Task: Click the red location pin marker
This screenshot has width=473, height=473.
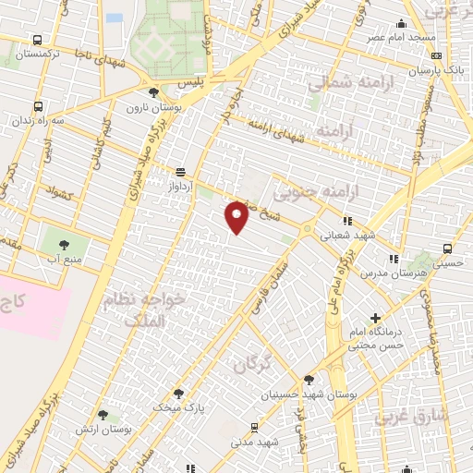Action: click(237, 216)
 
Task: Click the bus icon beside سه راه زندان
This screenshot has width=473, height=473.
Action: click(37, 106)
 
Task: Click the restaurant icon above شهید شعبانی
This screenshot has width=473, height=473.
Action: click(347, 221)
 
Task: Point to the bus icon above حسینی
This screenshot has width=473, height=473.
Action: click(448, 249)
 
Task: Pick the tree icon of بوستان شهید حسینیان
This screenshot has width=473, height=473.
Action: click(309, 379)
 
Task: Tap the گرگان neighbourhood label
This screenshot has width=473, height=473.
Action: click(256, 362)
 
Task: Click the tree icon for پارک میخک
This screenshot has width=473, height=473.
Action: click(178, 393)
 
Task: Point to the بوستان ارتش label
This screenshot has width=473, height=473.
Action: click(122, 431)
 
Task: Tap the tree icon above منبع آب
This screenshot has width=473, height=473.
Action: click(64, 245)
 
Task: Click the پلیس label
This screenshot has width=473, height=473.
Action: click(190, 82)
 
